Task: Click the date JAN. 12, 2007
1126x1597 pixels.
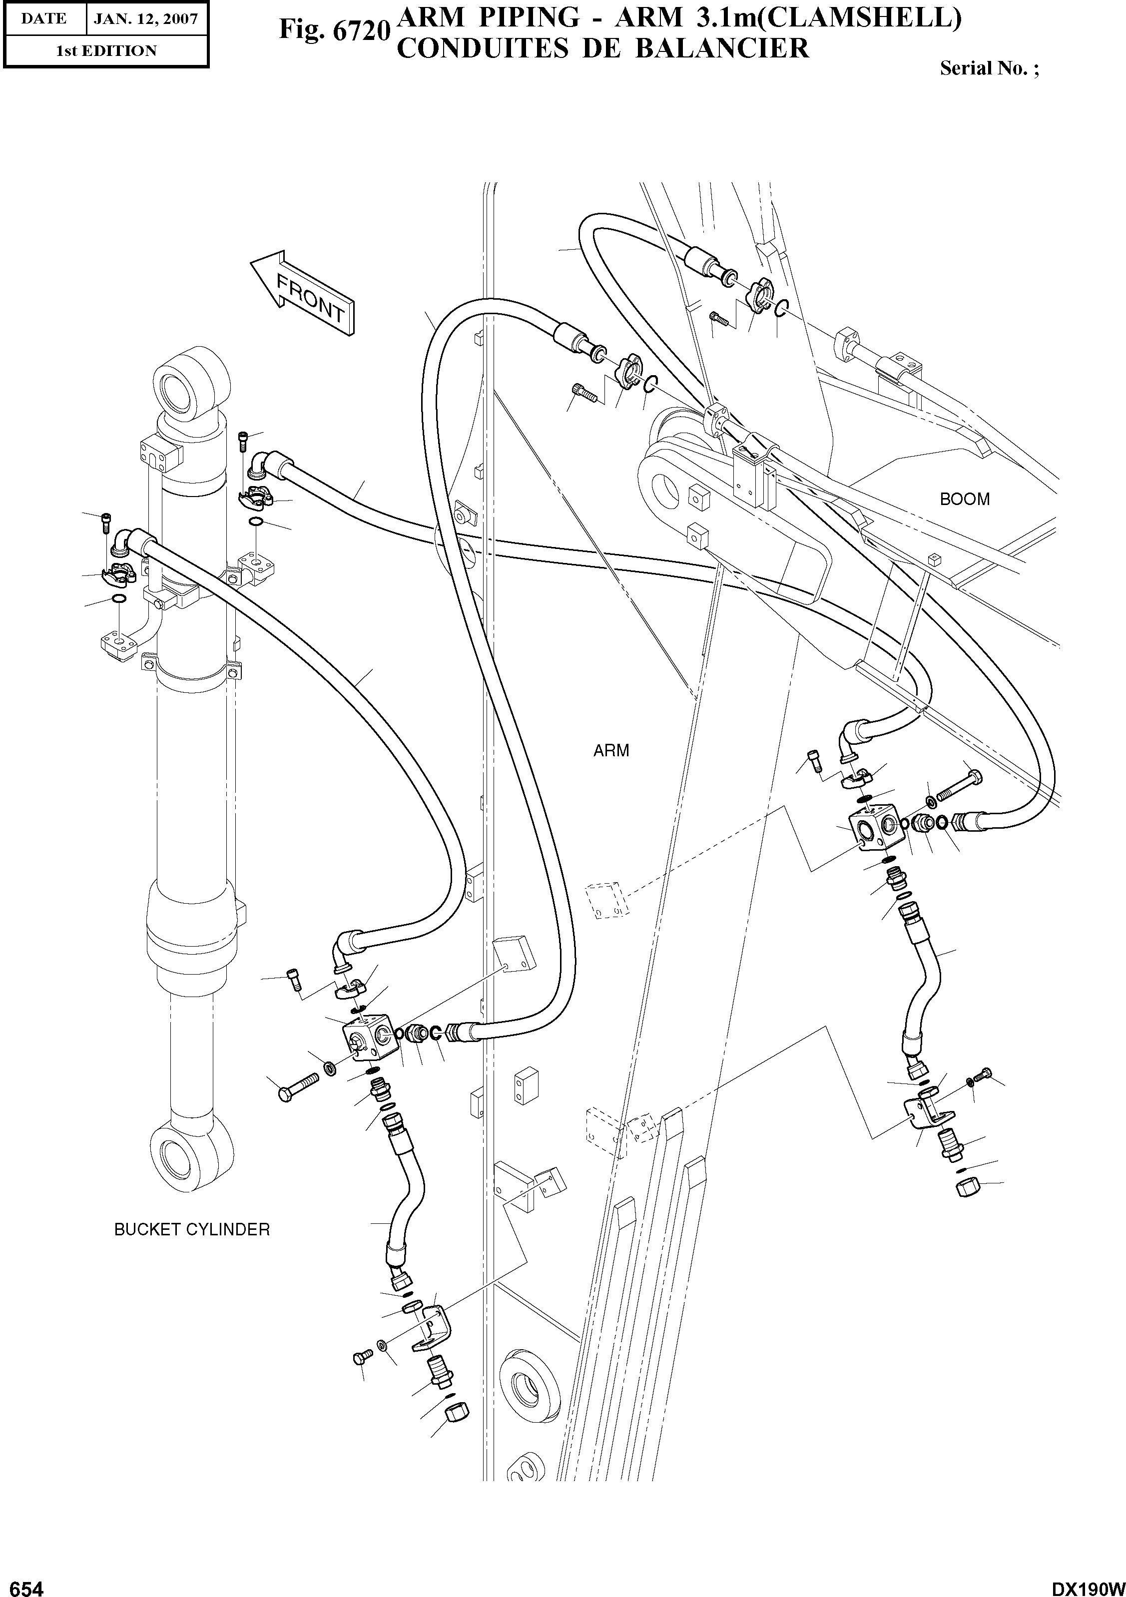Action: coord(146,19)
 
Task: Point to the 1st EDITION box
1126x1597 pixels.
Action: coord(106,51)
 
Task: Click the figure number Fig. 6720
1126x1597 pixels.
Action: coord(332,30)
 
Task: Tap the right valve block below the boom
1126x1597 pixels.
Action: coord(875,828)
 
